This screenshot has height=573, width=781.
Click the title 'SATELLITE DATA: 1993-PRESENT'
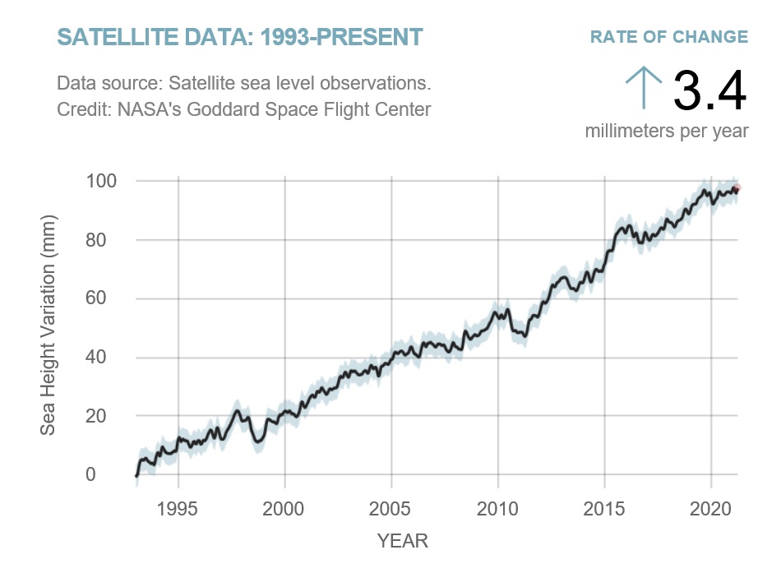[x=239, y=37]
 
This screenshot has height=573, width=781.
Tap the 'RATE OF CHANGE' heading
[x=668, y=37]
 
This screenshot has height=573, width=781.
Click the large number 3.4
[x=709, y=90]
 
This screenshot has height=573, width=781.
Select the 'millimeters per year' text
[x=666, y=131]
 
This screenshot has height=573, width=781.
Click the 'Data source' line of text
[x=244, y=85]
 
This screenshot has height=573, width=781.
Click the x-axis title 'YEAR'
[x=402, y=540]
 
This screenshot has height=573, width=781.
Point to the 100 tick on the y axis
[x=103, y=181]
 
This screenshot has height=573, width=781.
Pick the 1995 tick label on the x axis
[x=178, y=505]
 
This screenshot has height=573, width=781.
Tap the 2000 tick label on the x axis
[x=284, y=505]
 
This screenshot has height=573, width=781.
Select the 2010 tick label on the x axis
[x=497, y=505]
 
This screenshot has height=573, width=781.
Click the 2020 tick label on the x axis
[x=710, y=505]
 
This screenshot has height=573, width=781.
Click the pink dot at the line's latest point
[x=737, y=188]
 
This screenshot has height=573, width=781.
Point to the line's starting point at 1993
[x=136, y=475]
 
